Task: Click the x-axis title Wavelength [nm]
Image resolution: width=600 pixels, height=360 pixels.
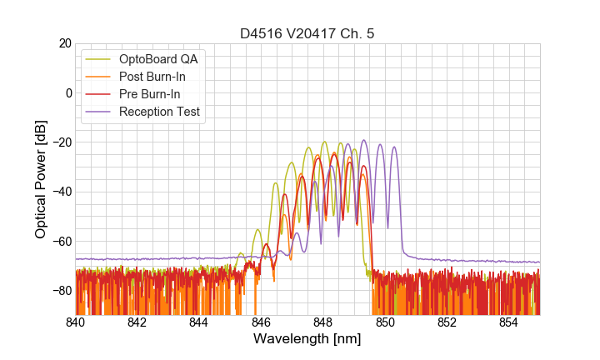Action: (307, 339)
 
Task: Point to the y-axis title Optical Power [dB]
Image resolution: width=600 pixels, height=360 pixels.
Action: (41, 179)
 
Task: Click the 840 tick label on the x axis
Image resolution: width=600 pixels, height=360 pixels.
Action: (76, 322)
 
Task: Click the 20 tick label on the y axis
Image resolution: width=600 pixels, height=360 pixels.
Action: (64, 43)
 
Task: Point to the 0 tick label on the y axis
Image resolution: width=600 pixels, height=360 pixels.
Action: (67, 92)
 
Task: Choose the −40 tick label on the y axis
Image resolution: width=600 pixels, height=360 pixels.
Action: (61, 192)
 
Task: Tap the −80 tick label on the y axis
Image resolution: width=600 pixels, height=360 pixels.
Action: (61, 291)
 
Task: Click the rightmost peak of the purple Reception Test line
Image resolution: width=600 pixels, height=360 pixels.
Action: (394, 147)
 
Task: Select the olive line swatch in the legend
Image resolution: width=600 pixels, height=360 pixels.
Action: (98, 59)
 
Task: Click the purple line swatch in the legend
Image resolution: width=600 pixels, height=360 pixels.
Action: (98, 112)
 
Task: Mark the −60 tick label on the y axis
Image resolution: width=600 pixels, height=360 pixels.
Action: (61, 242)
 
